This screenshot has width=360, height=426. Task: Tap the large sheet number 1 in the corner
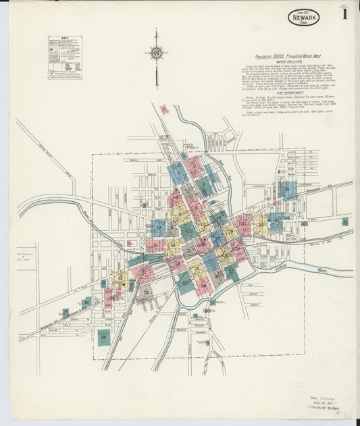pyautogui.click(x=344, y=14)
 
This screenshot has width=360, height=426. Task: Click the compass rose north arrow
pyautogui.click(x=156, y=53)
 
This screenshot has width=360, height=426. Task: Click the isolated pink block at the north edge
pyautogui.click(x=163, y=109)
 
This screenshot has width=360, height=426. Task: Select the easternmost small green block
pyautogui.click(x=344, y=221)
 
